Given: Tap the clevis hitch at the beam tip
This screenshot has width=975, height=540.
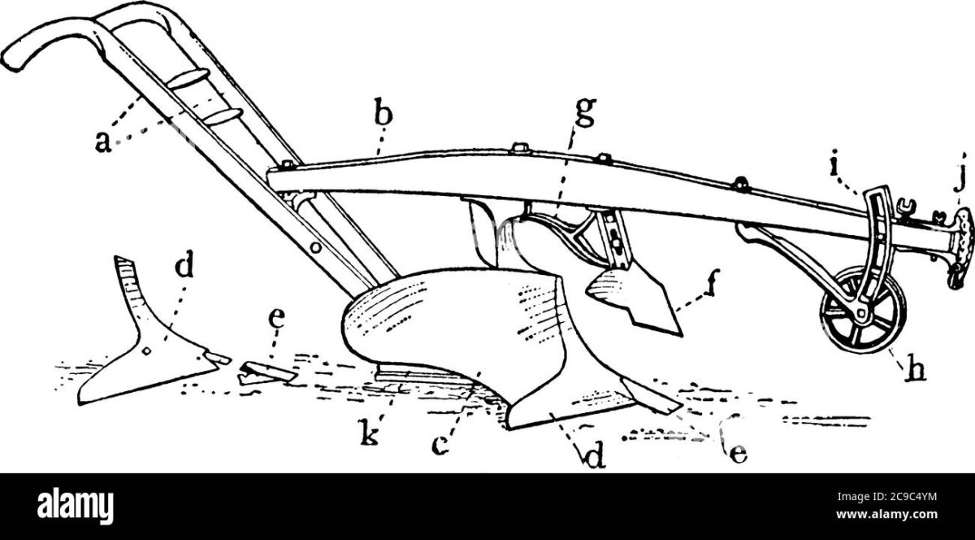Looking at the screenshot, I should click(961, 241).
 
